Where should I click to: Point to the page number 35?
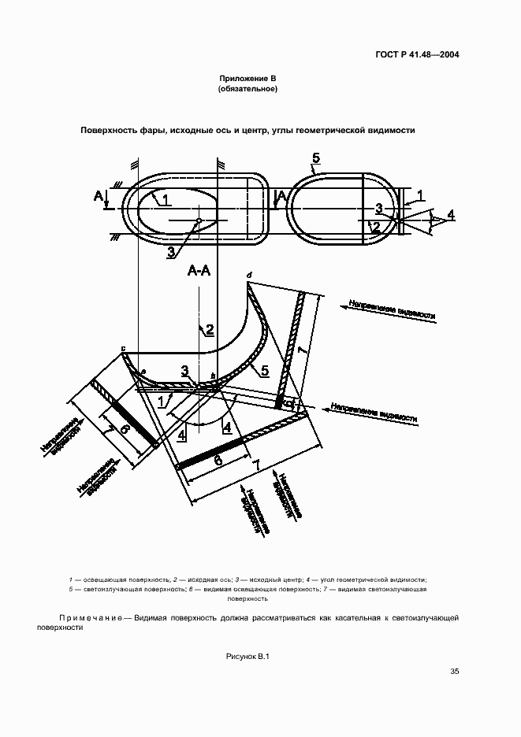pos(454,672)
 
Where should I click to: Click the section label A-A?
pos(199,271)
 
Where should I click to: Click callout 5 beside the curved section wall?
pos(265,370)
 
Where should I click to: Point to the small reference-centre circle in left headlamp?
pos(199,220)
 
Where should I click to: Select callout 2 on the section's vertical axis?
pos(210,330)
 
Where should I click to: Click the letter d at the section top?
pos(248,275)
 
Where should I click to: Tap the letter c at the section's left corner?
pos(123,348)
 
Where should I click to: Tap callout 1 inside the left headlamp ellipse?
pos(168,200)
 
